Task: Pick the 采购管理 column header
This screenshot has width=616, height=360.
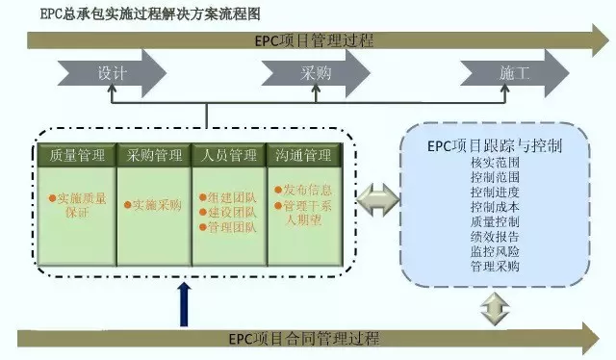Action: pos(154,155)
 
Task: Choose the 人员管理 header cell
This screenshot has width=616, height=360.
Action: pos(230,155)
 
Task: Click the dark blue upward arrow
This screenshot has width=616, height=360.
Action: pos(183,303)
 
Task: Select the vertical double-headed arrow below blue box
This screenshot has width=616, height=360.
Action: pos(494,308)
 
